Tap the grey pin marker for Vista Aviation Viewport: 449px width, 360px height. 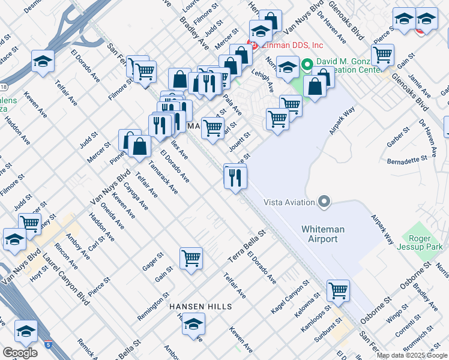[x=325, y=202]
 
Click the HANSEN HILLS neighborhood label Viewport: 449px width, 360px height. [x=200, y=307]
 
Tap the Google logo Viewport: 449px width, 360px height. [x=20, y=353]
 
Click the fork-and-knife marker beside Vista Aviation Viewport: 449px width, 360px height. [x=235, y=176]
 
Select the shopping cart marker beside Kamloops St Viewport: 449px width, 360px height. [x=338, y=291]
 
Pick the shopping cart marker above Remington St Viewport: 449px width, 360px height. [x=191, y=259]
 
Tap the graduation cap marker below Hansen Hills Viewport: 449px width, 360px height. [x=193, y=325]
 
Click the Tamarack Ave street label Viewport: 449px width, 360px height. [x=163, y=178]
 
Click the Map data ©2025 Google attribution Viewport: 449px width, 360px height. [x=412, y=355]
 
